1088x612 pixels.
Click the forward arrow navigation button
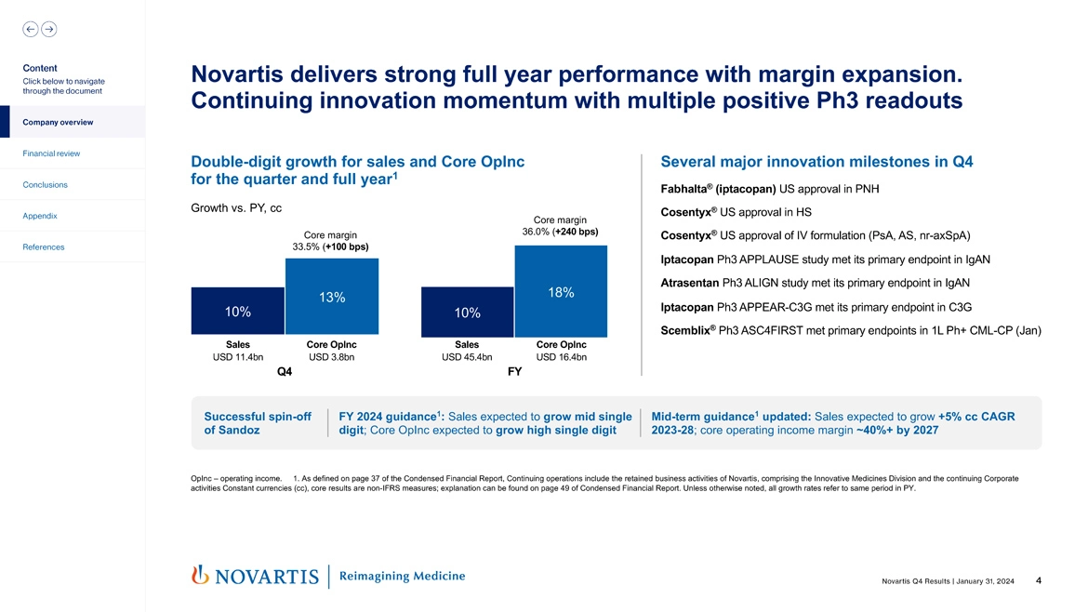[48, 29]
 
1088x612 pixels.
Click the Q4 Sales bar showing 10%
[237, 311]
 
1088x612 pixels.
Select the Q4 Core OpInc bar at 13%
[332, 297]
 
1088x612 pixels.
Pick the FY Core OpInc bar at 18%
[561, 291]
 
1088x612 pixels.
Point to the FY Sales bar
[467, 312]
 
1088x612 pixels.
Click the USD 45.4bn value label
[467, 357]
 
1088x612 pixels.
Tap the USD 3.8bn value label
[331, 357]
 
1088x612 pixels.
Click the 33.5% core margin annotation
[330, 246]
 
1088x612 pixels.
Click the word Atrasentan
[689, 283]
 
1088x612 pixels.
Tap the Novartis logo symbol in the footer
[198, 576]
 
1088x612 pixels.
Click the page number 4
[1038, 581]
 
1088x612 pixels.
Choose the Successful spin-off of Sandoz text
[258, 423]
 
